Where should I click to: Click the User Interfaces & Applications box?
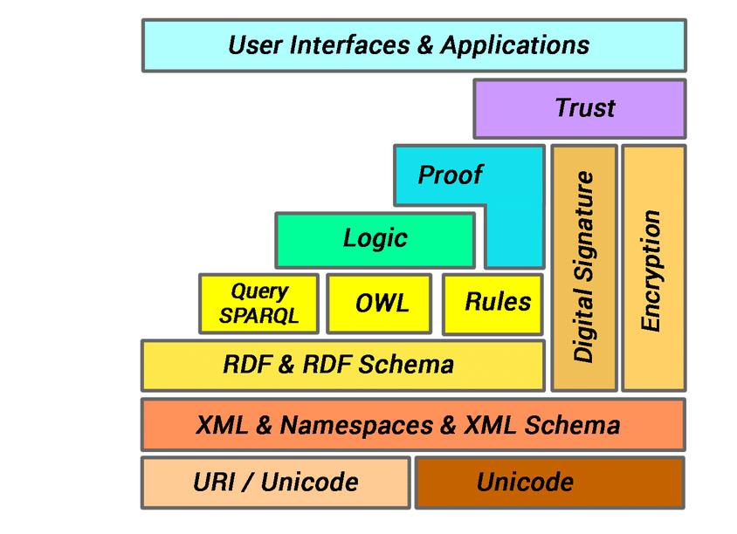tap(413, 44)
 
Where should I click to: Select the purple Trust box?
tap(579, 108)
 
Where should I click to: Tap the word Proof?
tap(451, 175)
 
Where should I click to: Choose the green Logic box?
tap(375, 238)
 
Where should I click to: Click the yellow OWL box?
tap(379, 304)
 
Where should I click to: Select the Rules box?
tap(497, 303)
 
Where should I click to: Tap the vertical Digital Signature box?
tap(584, 267)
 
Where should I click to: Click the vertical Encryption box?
tap(653, 267)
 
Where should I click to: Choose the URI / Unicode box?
tap(275, 482)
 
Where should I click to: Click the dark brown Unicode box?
tap(549, 482)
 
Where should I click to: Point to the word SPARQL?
tap(258, 316)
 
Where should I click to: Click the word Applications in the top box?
tap(514, 44)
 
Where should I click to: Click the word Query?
tap(259, 291)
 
